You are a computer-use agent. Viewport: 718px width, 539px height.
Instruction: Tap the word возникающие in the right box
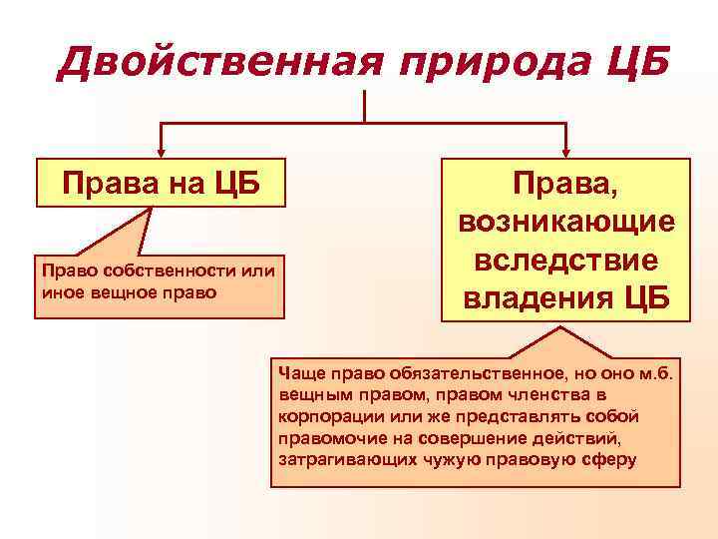coord(565,221)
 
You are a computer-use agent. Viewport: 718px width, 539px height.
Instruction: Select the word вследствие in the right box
coord(565,260)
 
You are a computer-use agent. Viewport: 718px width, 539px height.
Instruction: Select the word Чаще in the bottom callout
coord(298,373)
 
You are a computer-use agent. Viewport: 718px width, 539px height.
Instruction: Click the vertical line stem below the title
coord(365,105)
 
